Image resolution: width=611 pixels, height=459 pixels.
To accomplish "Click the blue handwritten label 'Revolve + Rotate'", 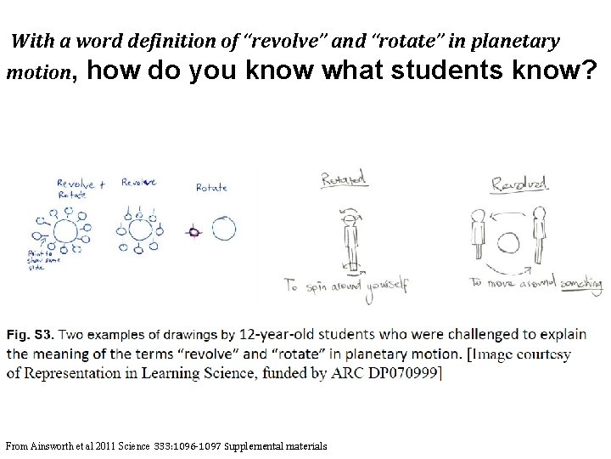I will tap(81, 189).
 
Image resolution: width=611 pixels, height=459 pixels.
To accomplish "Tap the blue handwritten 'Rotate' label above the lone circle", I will tap(211, 188).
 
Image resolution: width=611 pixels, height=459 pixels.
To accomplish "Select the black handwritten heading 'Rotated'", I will tap(344, 178).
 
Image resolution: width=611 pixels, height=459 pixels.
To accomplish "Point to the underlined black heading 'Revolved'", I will tap(519, 183).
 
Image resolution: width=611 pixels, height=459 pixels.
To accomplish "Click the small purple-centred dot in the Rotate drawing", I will tap(193, 231).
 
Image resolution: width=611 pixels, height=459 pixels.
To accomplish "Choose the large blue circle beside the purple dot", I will tap(224, 229).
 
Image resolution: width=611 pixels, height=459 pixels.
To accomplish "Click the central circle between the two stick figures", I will tap(508, 244).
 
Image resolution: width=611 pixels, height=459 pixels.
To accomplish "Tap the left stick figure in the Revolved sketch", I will tap(477, 238).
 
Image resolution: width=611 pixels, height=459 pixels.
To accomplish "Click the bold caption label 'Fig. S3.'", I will tap(30, 334).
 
